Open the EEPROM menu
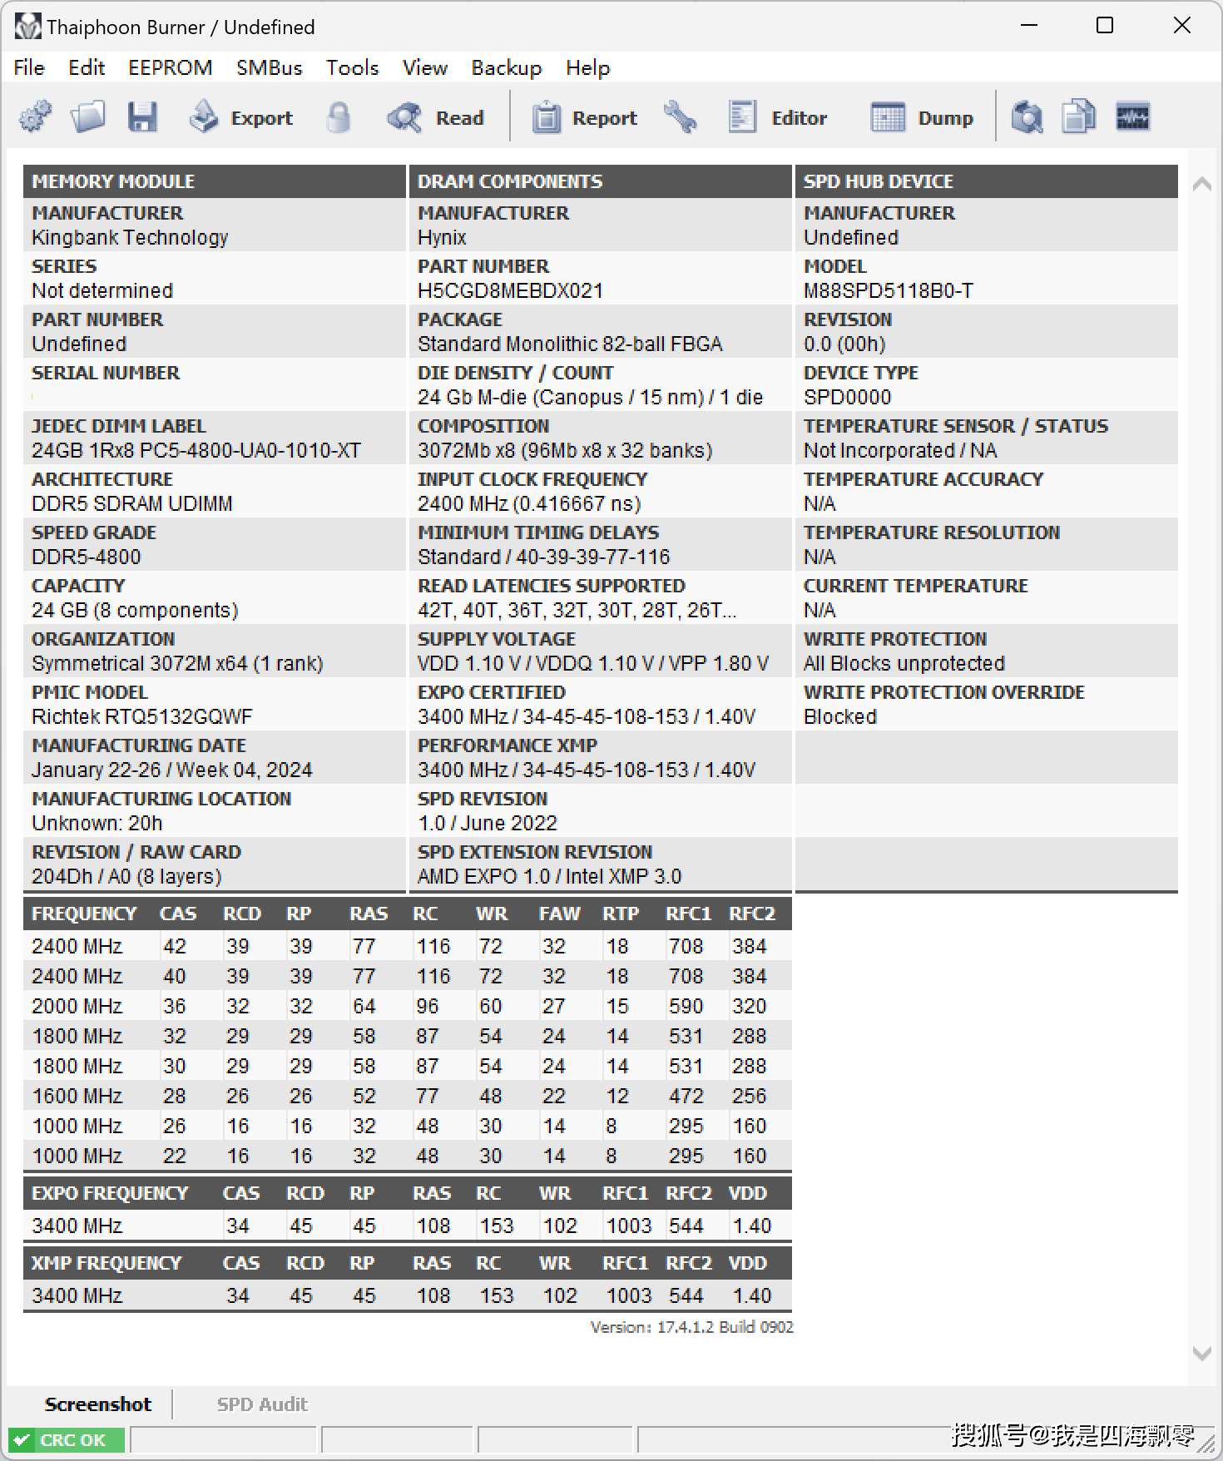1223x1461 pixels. point(170,67)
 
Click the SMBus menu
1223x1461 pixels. point(269,67)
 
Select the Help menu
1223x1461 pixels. point(587,67)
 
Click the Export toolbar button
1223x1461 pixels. point(242,117)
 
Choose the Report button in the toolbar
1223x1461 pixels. point(585,117)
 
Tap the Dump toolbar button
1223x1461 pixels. point(923,117)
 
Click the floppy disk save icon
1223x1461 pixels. point(142,117)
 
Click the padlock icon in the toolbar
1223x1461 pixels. point(338,117)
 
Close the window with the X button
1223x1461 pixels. point(1181,26)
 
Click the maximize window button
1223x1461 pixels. point(1104,26)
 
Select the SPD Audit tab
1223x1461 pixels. point(262,1404)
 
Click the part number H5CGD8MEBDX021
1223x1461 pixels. point(510,290)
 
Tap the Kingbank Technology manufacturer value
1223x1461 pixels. point(130,237)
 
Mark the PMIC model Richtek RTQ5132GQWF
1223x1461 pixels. point(141,716)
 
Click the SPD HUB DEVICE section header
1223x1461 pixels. point(879,181)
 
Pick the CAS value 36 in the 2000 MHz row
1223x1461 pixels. point(175,1006)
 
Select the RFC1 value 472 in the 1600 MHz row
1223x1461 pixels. point(686,1096)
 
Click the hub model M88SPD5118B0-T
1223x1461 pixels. point(888,290)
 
